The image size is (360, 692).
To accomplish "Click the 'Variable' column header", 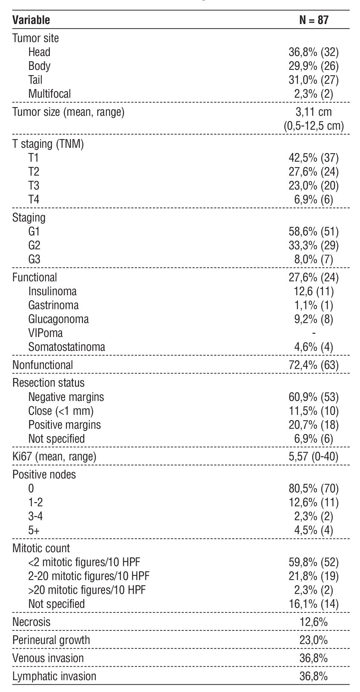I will pyautogui.click(x=31, y=20).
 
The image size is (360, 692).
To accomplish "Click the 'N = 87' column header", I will pyautogui.click(x=313, y=20).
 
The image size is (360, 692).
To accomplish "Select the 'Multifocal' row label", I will pyautogui.click(x=49, y=94).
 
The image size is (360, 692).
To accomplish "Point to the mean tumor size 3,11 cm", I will pyautogui.click(x=313, y=112).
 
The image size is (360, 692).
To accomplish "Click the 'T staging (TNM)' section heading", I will pyautogui.click(x=48, y=144).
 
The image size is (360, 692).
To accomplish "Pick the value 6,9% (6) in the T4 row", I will pyautogui.click(x=313, y=200).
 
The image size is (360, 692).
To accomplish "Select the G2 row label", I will pyautogui.click(x=34, y=246).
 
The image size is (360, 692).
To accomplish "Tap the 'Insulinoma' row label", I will pyautogui.click(x=53, y=291).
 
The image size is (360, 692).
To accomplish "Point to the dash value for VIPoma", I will pyautogui.click(x=314, y=333).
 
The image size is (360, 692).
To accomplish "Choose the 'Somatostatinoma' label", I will pyautogui.click(x=67, y=347).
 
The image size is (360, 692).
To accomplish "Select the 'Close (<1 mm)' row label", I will pyautogui.click(x=61, y=411).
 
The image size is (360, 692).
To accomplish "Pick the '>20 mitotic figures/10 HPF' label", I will pyautogui.click(x=87, y=590).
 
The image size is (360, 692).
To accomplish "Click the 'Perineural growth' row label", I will pyautogui.click(x=51, y=640).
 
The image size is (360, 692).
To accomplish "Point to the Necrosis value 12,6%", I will pyautogui.click(x=313, y=622).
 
